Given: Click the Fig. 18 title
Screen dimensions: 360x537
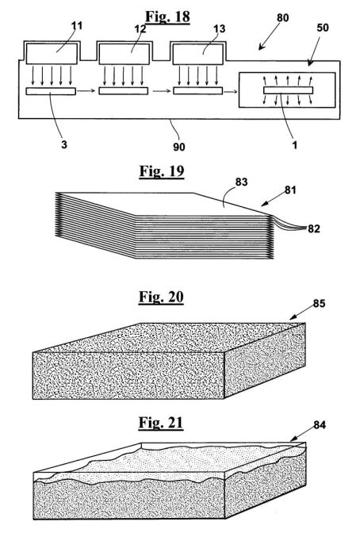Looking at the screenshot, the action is [x=167, y=17].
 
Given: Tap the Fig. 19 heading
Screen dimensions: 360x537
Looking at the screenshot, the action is [x=162, y=171].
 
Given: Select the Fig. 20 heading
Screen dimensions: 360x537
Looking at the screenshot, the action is [x=161, y=297].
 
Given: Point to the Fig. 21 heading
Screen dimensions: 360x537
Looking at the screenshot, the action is [x=160, y=423].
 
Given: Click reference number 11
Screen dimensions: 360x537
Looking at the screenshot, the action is [x=77, y=25].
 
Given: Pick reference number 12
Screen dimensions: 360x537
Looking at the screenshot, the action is [x=140, y=29].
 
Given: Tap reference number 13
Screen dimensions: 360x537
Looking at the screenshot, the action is [x=219, y=29].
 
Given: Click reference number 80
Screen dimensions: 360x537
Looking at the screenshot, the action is [x=282, y=17].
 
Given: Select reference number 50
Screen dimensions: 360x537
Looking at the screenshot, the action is [x=323, y=28].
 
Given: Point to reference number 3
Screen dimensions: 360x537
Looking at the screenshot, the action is [x=64, y=144].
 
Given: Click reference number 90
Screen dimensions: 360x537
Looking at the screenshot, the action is [x=178, y=147].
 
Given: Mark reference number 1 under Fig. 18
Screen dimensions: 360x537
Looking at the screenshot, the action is [x=294, y=145].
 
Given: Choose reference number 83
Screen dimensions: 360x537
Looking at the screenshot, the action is [x=241, y=182].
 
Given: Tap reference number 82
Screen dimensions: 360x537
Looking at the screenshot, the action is [x=313, y=228].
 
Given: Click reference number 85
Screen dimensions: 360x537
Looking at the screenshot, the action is [x=319, y=304].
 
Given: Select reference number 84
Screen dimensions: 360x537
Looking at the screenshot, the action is [x=320, y=425].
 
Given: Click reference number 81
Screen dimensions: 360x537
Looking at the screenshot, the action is [x=290, y=190].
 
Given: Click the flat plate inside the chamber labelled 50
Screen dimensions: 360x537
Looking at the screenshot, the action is [x=288, y=90].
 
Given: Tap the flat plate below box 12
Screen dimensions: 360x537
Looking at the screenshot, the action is [x=124, y=90].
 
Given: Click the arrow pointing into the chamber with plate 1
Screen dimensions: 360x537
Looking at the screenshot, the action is [x=231, y=91].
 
